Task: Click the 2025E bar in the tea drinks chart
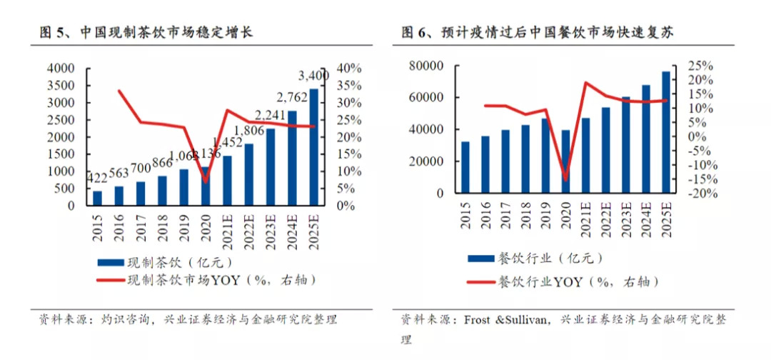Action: [313, 146]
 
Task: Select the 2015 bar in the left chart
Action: [98, 197]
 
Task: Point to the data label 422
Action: [97, 177]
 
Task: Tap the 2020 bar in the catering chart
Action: [566, 161]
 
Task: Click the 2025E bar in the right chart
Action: [665, 132]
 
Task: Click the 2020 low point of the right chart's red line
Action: [566, 179]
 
